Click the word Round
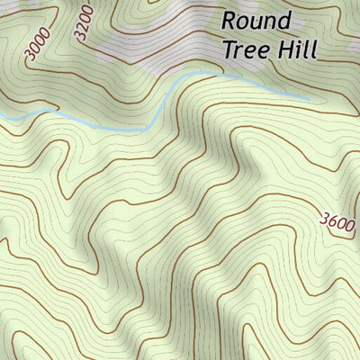(256, 20)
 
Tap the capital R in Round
(229, 20)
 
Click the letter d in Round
(284, 20)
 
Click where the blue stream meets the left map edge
(1, 119)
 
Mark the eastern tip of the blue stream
(310, 97)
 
